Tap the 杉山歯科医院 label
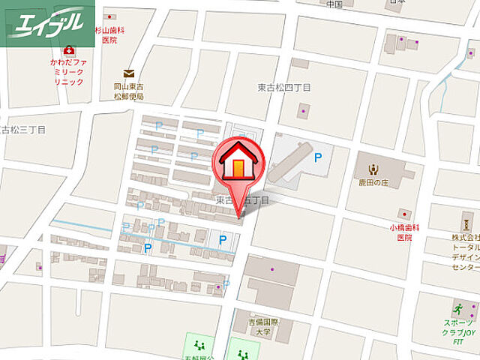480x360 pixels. pyautogui.click(x=109, y=34)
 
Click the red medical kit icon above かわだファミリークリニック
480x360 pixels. pyautogui.click(x=70, y=50)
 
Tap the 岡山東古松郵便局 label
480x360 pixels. pyautogui.click(x=129, y=91)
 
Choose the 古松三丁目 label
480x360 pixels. pyautogui.click(x=22, y=128)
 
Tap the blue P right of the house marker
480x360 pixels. pyautogui.click(x=318, y=157)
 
